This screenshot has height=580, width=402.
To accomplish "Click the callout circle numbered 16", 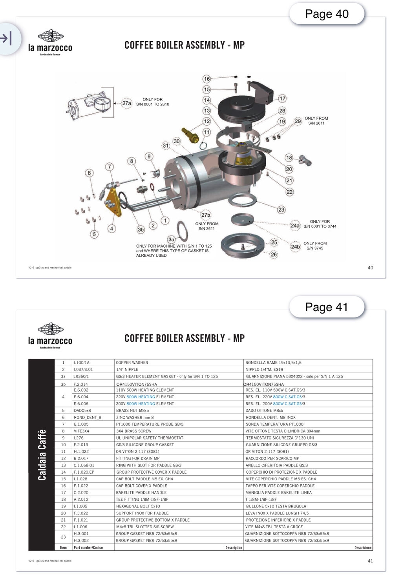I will [207, 79].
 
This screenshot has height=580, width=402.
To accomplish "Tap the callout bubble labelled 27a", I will [126, 103].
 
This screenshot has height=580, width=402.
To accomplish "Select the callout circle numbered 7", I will [110, 167].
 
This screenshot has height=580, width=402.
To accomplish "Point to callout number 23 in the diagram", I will [281, 210].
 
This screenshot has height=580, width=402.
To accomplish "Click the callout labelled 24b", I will [295, 246].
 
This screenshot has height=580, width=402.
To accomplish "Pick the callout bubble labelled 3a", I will [171, 239].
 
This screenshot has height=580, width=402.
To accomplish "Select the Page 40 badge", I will [327, 14].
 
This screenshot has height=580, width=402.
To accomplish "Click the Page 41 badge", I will [327, 307].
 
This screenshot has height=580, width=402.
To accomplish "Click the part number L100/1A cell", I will [82, 363].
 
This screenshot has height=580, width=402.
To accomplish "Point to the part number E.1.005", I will [81, 424].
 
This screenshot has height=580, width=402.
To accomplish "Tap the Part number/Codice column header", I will [88, 547].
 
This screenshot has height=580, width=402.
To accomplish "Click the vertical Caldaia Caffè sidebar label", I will [42, 455].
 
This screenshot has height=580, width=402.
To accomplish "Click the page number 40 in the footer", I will [370, 268].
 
